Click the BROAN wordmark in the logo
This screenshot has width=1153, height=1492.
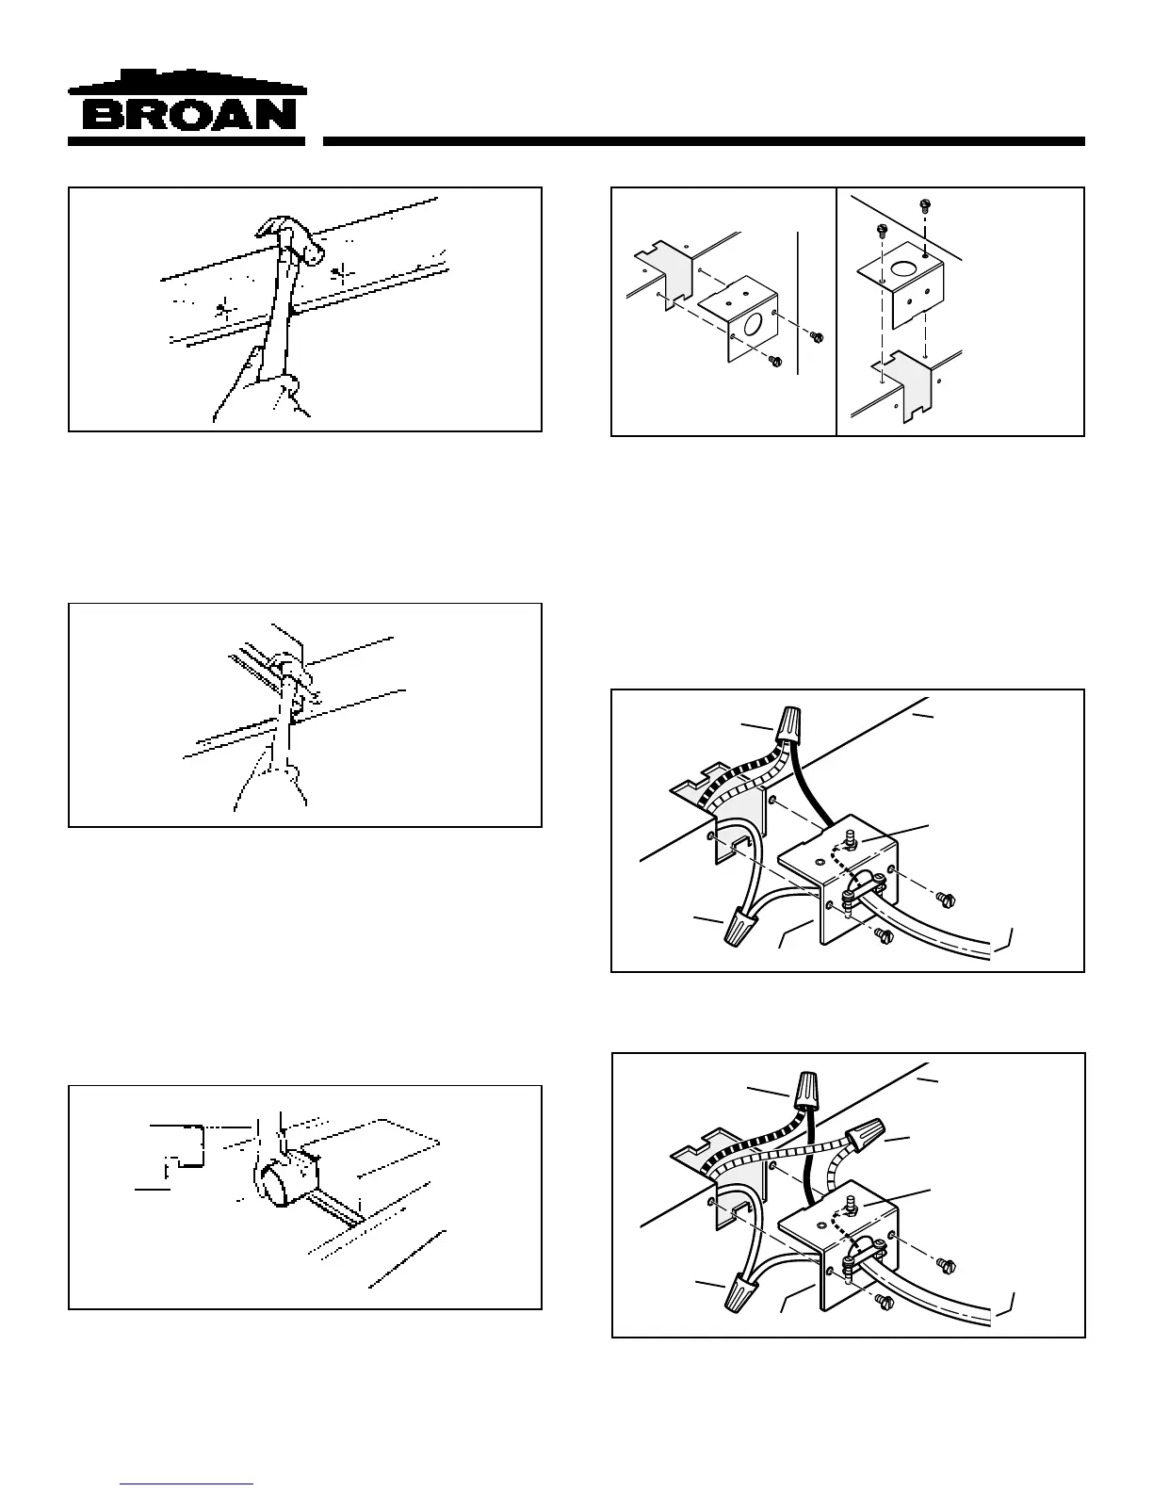pyautogui.click(x=188, y=116)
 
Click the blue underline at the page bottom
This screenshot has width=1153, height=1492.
pyautogui.click(x=187, y=1484)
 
